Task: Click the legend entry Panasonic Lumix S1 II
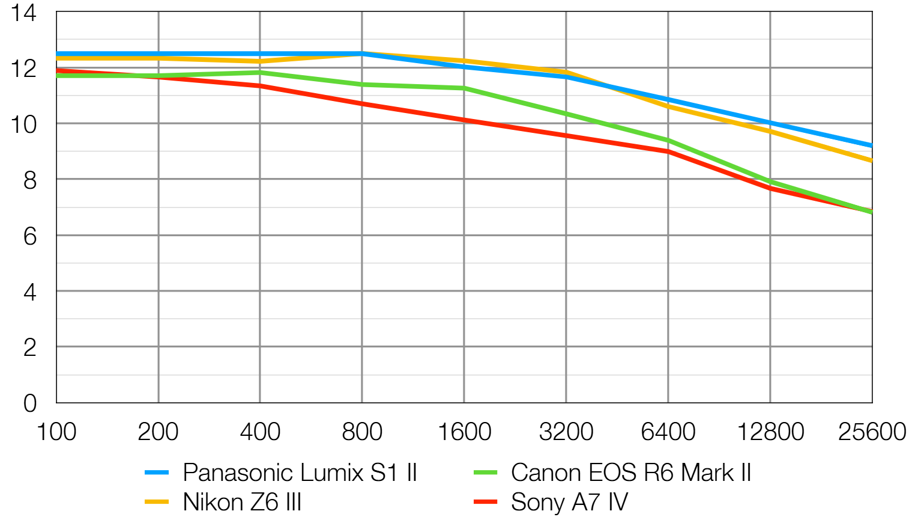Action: click(x=300, y=473)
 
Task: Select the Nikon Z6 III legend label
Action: click(x=242, y=502)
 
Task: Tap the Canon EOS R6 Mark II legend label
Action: click(x=631, y=473)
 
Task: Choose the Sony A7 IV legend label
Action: click(x=569, y=502)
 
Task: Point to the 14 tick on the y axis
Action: click(x=24, y=13)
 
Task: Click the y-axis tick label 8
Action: click(x=30, y=180)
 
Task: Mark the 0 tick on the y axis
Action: click(x=30, y=403)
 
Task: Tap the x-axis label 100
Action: click(x=56, y=432)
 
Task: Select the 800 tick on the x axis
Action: click(x=362, y=432)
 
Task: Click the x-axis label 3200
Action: click(x=566, y=432)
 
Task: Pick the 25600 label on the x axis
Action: click(x=872, y=432)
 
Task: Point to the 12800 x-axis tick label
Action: click(x=770, y=432)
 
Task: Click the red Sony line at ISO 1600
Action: click(x=464, y=120)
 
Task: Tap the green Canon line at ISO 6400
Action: click(x=668, y=140)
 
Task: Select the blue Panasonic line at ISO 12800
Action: click(x=770, y=123)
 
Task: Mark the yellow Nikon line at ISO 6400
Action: click(x=668, y=106)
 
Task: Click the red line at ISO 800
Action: click(x=362, y=104)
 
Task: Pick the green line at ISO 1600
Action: click(x=464, y=88)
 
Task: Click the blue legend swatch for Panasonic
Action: click(x=157, y=473)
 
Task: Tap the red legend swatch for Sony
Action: click(x=485, y=502)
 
